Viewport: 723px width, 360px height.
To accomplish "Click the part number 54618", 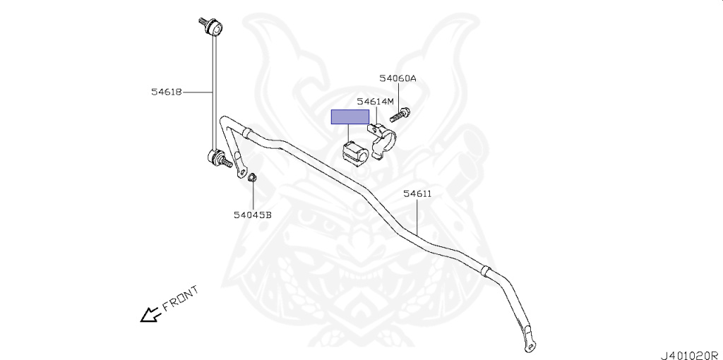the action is (166, 92).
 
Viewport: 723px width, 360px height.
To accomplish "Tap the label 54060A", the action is (398, 79).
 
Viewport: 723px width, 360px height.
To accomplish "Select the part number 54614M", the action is (375, 102).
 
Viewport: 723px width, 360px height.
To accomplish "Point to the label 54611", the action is (417, 193).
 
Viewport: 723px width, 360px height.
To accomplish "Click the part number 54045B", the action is (253, 215).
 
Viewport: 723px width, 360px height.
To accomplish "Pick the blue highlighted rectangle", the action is (350, 117).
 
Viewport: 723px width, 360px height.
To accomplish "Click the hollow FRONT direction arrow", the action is (149, 314).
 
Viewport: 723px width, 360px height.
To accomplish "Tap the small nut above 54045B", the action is (253, 177).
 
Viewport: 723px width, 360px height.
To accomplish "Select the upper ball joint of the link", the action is (214, 29).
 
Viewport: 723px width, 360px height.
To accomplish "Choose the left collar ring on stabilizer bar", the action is (246, 132).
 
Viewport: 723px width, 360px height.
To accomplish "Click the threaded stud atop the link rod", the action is (202, 20).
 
